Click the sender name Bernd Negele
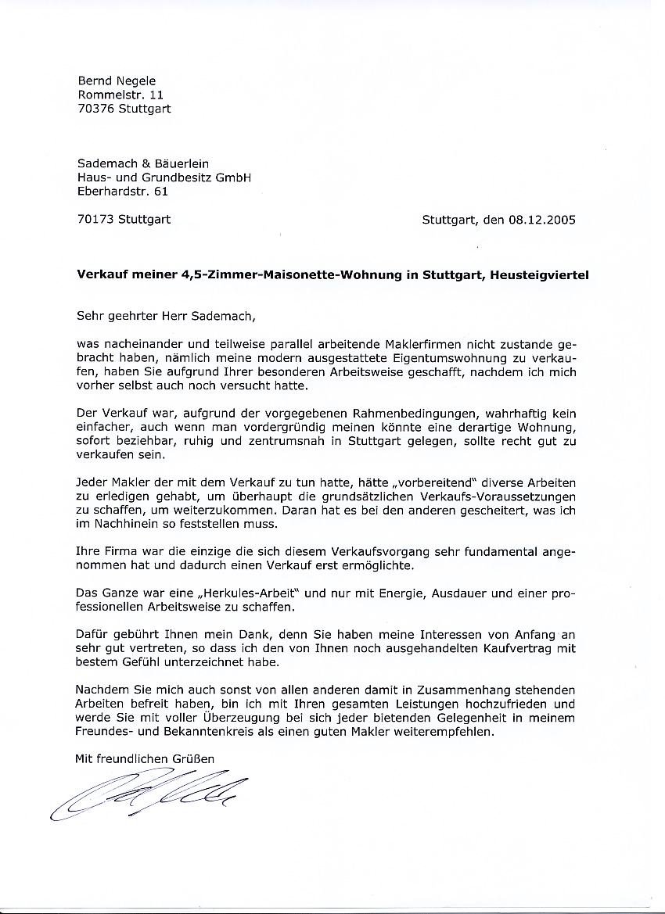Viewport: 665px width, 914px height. tap(117, 81)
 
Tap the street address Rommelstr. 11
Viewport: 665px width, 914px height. tap(120, 95)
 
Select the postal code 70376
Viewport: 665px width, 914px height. tap(96, 109)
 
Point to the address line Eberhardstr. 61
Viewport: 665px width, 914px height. tap(123, 191)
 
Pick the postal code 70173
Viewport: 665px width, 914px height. tap(96, 220)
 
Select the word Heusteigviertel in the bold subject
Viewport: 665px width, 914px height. tap(540, 274)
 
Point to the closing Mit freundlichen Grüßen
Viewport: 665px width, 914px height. tap(144, 758)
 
